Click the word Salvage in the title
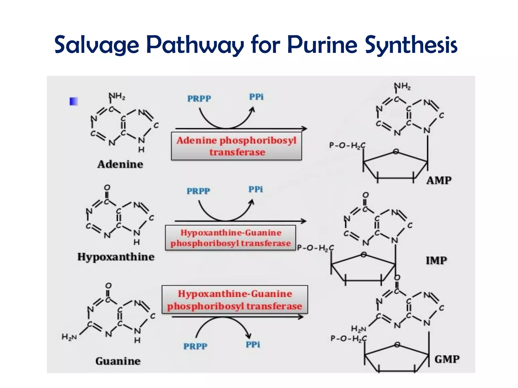coord(97,45)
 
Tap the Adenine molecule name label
coord(120,164)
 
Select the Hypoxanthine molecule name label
coord(116,257)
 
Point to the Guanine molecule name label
coord(118,361)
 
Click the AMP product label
coord(439,180)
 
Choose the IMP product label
coord(436,260)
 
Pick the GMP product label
coord(447,359)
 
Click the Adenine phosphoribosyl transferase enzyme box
coord(236,146)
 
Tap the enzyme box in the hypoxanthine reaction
coord(230,238)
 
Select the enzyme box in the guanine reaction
coord(235,300)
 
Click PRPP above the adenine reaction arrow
coord(199,99)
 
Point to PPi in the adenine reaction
coord(256,97)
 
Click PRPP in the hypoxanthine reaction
coord(198,191)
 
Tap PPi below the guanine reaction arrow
coord(253,345)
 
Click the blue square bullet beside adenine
coord(74,102)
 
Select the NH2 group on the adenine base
coord(117,96)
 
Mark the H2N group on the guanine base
coord(69,337)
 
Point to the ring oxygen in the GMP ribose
coord(397,345)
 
